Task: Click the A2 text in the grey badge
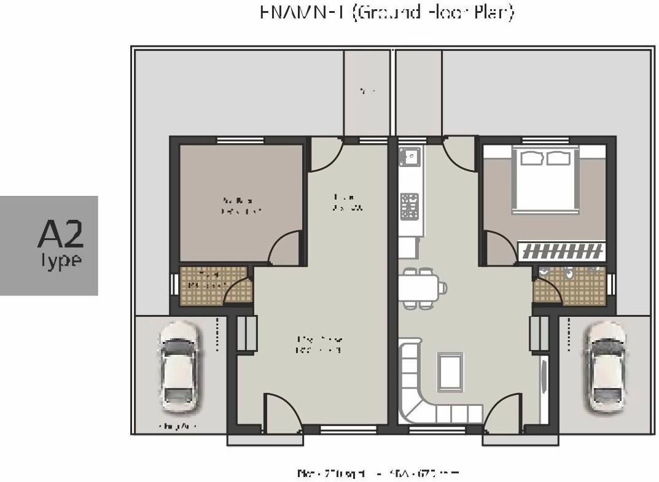point(60,234)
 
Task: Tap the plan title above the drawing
point(387,12)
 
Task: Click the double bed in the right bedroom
point(546,179)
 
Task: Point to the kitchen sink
point(408,157)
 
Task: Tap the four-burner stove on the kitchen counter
point(410,206)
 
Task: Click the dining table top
point(419,288)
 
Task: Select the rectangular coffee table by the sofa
point(450,371)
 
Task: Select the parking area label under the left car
point(177,426)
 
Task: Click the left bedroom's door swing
point(284,248)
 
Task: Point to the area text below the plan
point(377,473)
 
